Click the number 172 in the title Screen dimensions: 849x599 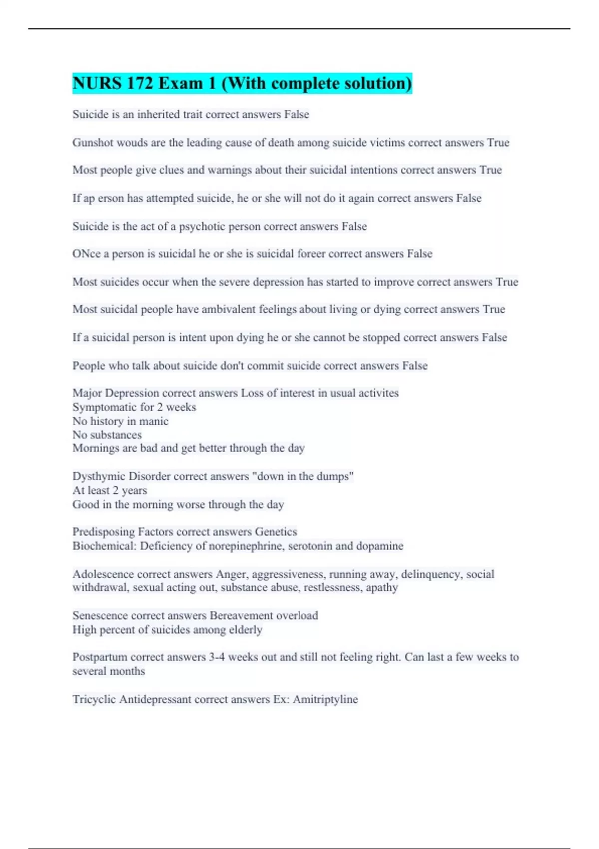point(139,83)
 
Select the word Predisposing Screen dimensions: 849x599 point(103,532)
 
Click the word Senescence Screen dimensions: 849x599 point(100,615)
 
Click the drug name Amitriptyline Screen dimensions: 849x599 point(325,699)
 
